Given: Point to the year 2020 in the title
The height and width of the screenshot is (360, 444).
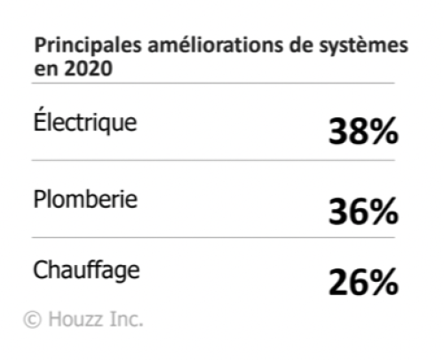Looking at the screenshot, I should click(x=91, y=68).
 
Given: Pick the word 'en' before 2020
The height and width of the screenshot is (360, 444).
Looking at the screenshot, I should click(x=45, y=68).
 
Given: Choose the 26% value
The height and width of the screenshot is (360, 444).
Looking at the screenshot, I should click(x=362, y=283).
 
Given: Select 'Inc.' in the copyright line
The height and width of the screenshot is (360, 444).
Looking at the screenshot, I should click(x=125, y=317).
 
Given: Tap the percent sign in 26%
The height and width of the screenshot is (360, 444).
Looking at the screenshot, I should click(x=382, y=283).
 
